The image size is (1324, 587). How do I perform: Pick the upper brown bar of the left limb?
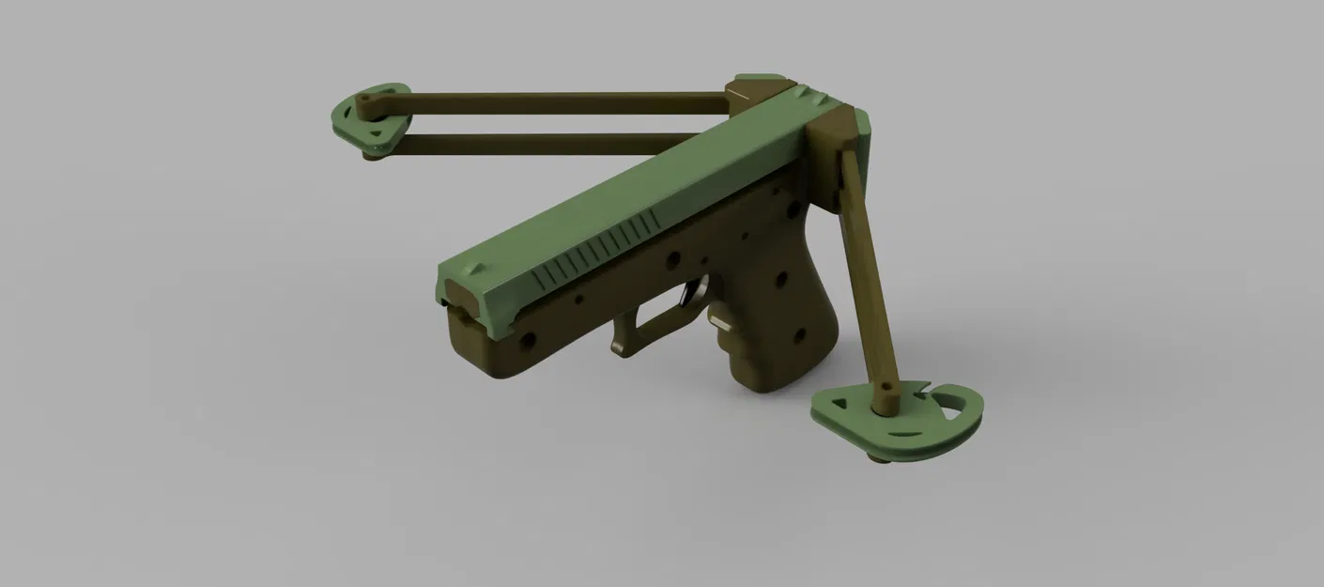563,98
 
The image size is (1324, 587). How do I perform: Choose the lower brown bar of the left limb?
563,144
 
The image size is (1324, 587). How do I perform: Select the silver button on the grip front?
721,322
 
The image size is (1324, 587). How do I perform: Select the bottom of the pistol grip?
779,383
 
